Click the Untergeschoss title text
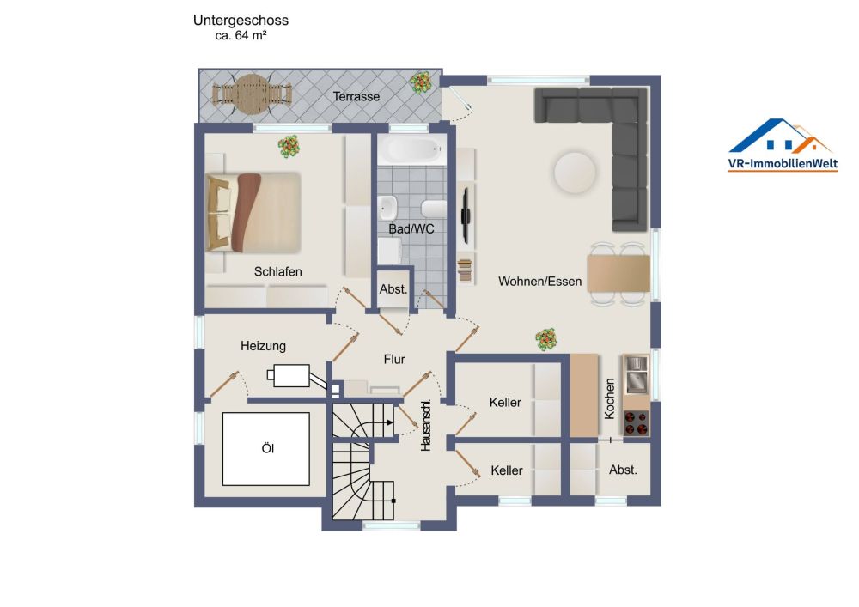241,21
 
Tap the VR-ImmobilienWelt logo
783,146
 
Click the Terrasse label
356,97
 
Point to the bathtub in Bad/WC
413,152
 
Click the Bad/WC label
411,229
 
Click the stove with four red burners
637,423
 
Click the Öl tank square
266,448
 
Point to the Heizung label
263,346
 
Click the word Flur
394,360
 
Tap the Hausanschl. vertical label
426,426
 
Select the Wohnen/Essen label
539,281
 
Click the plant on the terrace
421,82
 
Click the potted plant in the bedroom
289,146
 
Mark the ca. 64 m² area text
241,37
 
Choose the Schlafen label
278,271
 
